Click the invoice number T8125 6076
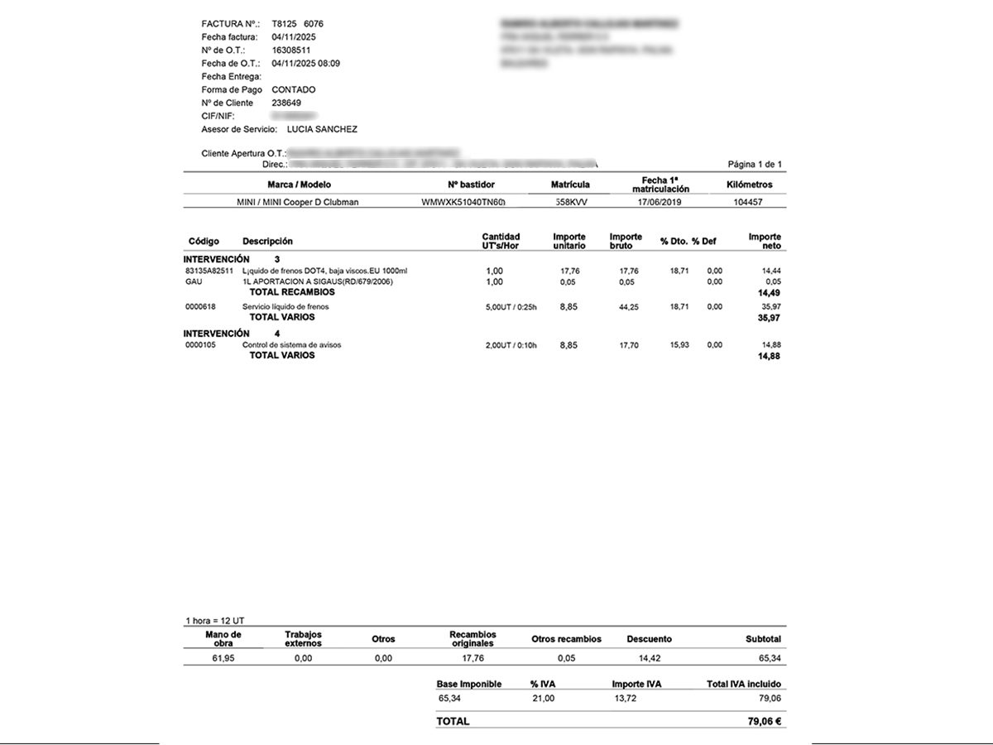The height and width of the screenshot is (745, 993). (297, 24)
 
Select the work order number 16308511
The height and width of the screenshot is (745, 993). (290, 50)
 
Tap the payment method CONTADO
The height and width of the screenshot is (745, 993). (293, 89)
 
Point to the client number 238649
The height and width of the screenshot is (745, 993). (286, 103)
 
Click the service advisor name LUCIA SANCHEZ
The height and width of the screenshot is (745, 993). (322, 129)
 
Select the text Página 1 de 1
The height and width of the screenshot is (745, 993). (754, 164)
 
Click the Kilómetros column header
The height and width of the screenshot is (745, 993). (749, 185)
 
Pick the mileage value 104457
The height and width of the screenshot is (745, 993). (748, 202)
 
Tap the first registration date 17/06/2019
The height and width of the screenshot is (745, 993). (660, 202)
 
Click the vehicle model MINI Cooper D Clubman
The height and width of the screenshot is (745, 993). (298, 202)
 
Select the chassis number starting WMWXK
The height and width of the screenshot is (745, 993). (463, 202)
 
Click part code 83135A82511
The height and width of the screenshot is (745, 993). (209, 271)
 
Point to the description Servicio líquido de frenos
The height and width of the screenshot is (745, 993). (285, 307)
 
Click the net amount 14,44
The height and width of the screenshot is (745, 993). (771, 271)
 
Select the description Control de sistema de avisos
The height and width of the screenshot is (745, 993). (291, 345)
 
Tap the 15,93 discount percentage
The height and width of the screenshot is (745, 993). (679, 345)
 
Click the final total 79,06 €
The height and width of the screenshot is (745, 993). (765, 721)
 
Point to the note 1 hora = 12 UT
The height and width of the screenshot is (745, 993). (215, 620)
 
